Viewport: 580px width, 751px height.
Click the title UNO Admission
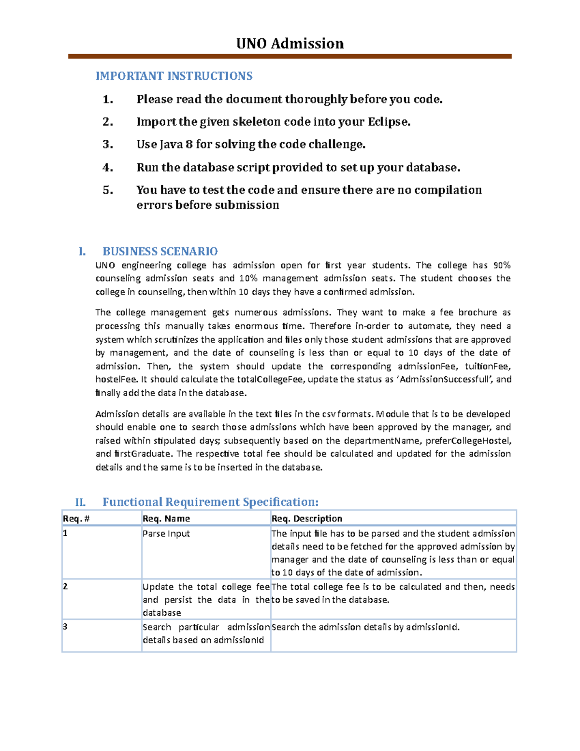(x=290, y=44)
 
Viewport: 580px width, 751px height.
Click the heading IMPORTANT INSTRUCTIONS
(x=174, y=76)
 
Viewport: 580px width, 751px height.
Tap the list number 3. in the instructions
(x=108, y=145)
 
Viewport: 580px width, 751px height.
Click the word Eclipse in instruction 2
(x=389, y=122)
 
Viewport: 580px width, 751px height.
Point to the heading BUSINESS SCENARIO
(x=160, y=251)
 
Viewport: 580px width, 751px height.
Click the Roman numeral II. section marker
(x=80, y=502)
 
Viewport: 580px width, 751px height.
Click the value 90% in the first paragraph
(x=502, y=265)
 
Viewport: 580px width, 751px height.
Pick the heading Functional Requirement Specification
(x=210, y=502)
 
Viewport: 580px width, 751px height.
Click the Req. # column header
(x=76, y=518)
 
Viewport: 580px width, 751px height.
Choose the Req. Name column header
(x=166, y=518)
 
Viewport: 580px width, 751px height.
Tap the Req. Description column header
(x=307, y=518)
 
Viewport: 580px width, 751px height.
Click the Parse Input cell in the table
(x=166, y=533)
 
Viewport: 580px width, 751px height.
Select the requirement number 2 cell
(x=65, y=587)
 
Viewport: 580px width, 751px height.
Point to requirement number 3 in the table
(x=65, y=627)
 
